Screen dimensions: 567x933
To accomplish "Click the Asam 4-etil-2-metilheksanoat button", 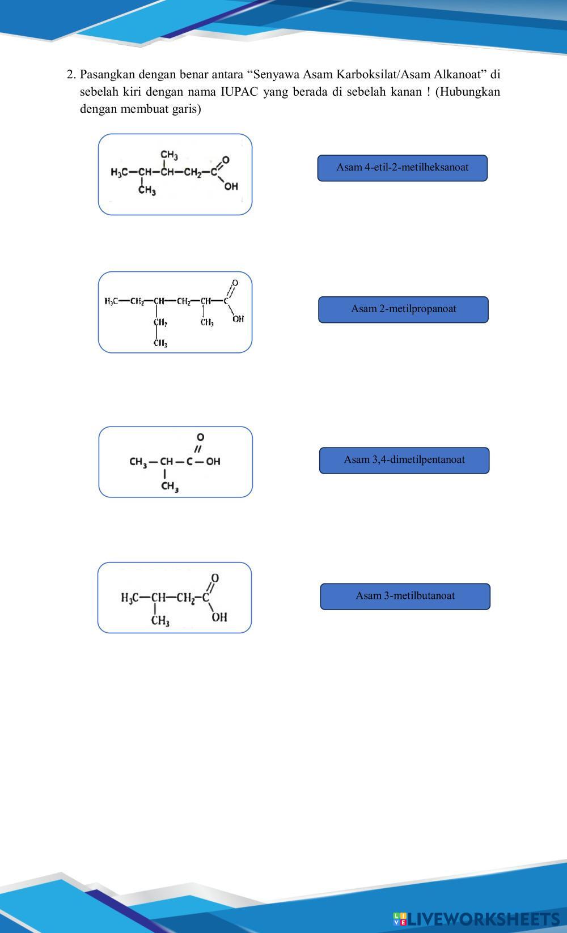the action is click(403, 168).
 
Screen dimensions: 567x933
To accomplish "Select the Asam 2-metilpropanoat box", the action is click(403, 309).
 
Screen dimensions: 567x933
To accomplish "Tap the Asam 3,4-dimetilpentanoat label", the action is click(404, 460).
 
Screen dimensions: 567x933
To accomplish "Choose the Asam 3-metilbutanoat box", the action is click(405, 597).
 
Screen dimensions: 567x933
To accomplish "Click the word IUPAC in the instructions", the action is click(239, 92).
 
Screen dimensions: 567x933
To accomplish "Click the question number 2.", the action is click(71, 75).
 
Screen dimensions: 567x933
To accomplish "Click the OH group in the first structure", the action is click(231, 186).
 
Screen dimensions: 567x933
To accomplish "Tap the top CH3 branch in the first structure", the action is click(170, 155).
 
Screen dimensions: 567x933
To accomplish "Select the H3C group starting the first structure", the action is click(119, 172).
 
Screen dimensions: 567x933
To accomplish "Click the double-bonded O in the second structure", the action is click(235, 283).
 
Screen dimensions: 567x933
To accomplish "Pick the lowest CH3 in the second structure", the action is click(160, 343).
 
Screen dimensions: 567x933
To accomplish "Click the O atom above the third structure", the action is click(201, 437).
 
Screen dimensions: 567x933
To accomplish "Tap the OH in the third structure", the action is click(213, 461).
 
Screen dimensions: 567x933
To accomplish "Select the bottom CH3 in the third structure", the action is click(170, 487).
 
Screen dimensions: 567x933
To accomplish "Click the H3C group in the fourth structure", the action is click(130, 598).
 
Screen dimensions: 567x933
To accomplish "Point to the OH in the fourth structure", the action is click(219, 617).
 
